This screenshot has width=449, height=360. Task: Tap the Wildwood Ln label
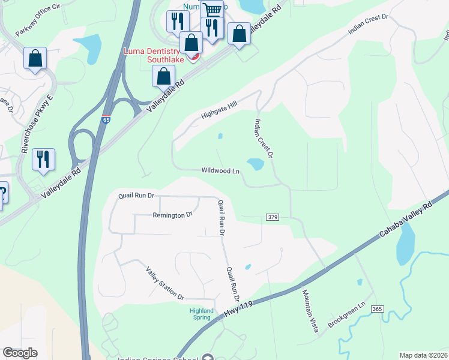pos(220,171)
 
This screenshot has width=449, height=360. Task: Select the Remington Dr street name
pos(172,215)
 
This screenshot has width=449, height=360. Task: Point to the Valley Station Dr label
pos(165,283)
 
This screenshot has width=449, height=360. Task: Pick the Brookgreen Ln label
pos(346,317)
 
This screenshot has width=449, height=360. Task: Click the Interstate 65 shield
pos(106,120)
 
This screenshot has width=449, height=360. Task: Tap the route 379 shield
pos(272,216)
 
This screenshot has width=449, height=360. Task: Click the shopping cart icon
pos(212,10)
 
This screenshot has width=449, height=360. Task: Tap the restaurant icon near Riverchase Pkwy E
pos(43,160)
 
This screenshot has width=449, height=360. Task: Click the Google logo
pos(20,353)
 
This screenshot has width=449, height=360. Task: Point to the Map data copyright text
pos(423,355)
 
